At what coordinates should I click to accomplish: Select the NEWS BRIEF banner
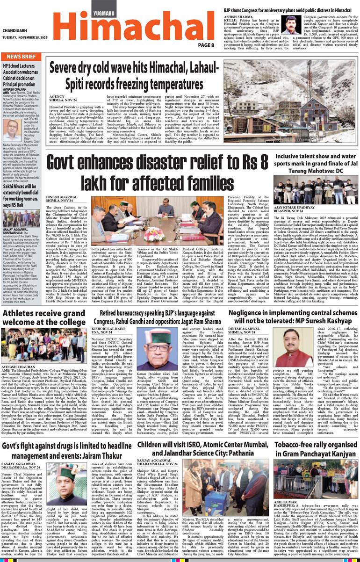click(22, 57)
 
